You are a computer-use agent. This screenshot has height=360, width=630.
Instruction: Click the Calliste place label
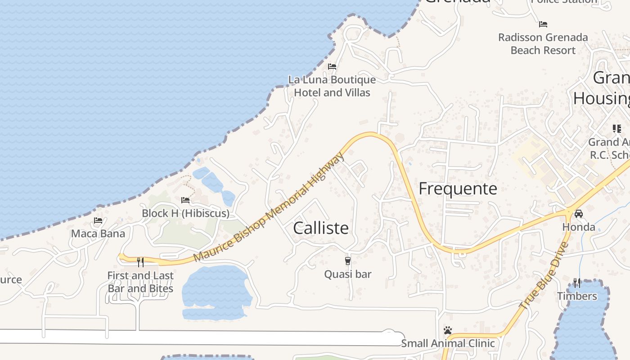321,228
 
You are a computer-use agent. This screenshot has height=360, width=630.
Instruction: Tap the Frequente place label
458,189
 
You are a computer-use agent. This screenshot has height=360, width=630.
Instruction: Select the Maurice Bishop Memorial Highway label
269,207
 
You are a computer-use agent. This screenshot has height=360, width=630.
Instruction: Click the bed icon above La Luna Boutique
332,67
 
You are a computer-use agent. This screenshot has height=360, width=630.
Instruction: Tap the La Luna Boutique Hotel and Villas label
332,86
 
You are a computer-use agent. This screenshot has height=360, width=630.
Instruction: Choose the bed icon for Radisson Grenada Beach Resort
543,24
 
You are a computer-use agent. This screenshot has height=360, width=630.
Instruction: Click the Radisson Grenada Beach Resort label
543,44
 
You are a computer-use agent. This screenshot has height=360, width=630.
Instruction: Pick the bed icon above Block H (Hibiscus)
185,200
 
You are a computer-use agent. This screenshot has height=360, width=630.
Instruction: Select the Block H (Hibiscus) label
185,213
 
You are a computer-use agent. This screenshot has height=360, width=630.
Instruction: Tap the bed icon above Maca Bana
98,220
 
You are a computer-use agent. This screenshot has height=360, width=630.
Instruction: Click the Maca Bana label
98,234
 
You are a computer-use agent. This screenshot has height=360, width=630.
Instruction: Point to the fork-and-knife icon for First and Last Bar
140,262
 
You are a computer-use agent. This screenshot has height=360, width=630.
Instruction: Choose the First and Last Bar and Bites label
140,282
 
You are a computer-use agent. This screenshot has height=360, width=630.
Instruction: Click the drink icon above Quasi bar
347,261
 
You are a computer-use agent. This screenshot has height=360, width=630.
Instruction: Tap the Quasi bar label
348,274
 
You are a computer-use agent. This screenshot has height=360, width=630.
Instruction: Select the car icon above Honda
579,213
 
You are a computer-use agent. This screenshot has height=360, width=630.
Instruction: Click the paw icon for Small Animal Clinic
447,330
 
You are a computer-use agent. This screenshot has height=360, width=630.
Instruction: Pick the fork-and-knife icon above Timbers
577,283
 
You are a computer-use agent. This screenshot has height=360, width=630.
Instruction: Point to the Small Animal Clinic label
448,343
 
